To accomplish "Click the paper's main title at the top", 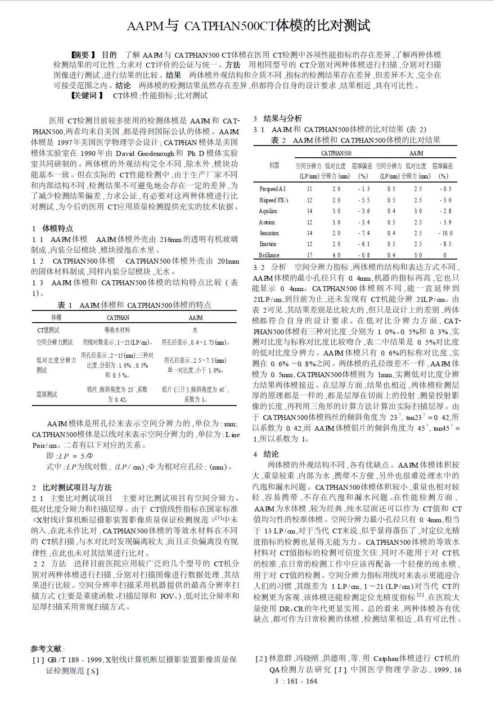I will [x=248, y=26].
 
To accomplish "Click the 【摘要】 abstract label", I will [x=84, y=55].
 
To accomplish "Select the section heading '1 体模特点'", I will [x=53, y=228].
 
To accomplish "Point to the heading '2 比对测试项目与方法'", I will [x=72, y=488].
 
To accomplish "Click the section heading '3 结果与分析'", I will [x=278, y=118].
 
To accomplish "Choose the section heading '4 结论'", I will [x=266, y=454].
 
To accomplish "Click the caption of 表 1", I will [x=134, y=305].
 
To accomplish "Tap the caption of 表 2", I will [x=355, y=140].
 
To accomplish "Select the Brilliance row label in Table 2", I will [x=269, y=255].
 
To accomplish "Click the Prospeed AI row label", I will [x=272, y=189].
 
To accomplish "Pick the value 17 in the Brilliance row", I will [x=310, y=255].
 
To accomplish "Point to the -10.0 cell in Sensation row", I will [x=445, y=233].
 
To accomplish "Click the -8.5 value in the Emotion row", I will [x=445, y=244].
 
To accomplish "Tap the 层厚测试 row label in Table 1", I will [x=47, y=394].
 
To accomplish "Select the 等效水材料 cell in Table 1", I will [x=117, y=330].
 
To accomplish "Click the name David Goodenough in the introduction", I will [x=144, y=153].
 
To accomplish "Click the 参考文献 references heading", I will [x=47, y=649].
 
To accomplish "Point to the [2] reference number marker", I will [x=261, y=659].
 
